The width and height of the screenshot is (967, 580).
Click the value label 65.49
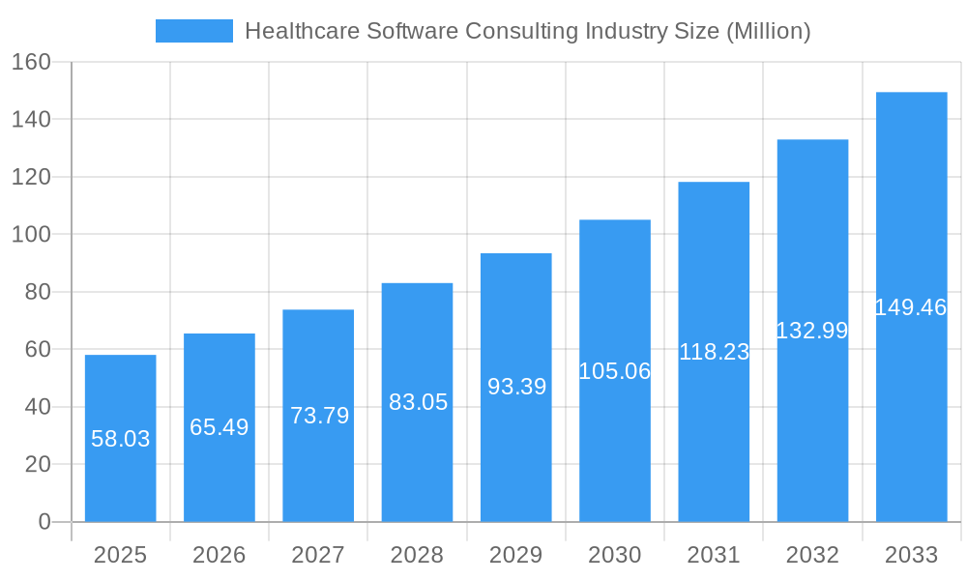click(x=220, y=427)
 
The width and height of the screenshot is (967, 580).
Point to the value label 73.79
click(x=319, y=416)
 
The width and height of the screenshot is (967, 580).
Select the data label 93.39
click(x=516, y=387)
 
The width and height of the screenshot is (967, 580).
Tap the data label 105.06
click(x=615, y=371)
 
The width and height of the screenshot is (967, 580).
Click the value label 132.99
click(x=812, y=331)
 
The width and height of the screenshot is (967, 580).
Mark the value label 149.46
click(x=910, y=307)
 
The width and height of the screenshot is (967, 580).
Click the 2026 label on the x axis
click(x=220, y=555)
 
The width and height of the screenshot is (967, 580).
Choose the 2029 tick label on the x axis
click(x=516, y=555)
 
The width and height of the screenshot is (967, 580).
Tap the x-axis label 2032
click(x=812, y=555)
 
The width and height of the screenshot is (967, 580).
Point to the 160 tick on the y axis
click(x=31, y=62)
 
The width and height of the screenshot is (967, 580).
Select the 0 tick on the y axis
click(x=44, y=522)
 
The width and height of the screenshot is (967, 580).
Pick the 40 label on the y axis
click(x=38, y=407)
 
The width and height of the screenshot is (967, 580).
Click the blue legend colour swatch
click(x=194, y=31)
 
